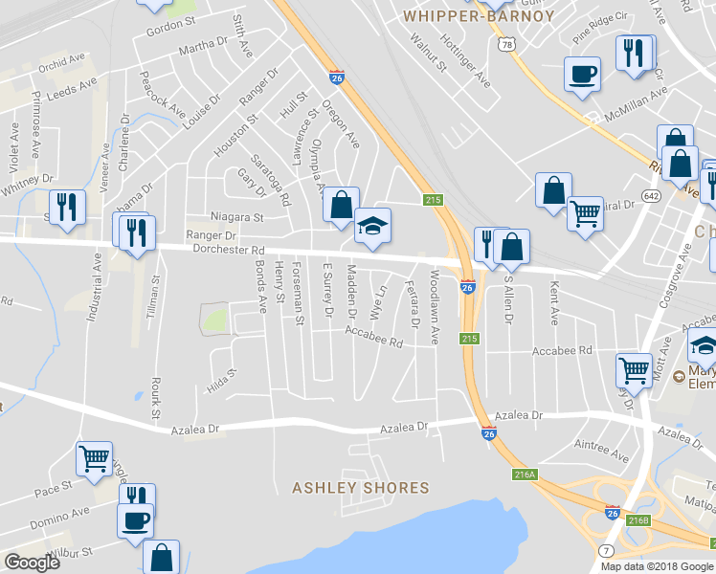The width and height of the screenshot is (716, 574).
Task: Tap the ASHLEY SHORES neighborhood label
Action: (x=361, y=488)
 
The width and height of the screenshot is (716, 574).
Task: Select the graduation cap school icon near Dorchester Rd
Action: (x=372, y=227)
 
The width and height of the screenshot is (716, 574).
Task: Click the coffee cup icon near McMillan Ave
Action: (x=581, y=75)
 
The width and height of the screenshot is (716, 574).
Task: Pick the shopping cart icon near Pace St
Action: (x=94, y=458)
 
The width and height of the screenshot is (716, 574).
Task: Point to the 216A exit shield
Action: (x=524, y=475)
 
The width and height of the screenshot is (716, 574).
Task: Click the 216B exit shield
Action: (x=638, y=521)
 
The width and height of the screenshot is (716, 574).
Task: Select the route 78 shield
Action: (x=506, y=45)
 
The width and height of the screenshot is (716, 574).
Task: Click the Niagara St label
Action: (x=236, y=217)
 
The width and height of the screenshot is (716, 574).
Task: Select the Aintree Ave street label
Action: (x=601, y=445)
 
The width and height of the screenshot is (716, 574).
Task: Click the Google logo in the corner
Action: (x=33, y=563)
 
